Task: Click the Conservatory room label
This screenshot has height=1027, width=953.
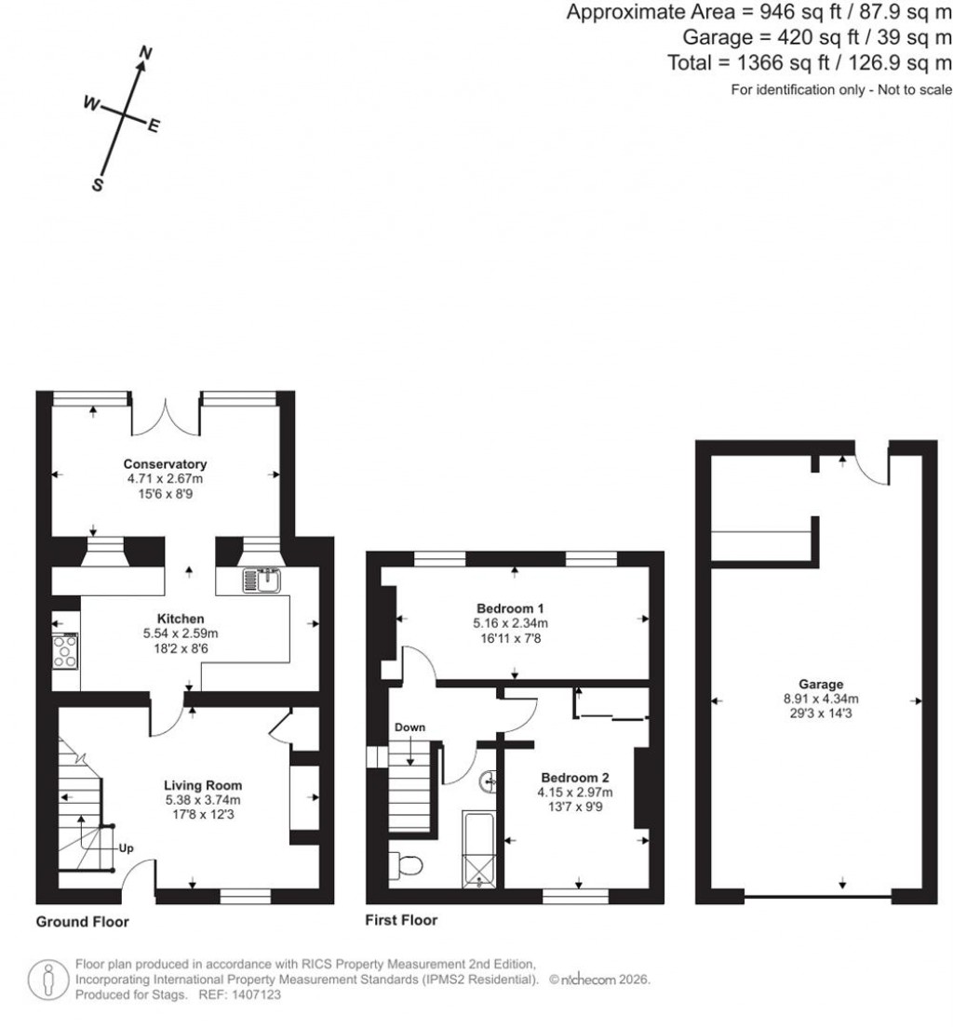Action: coord(165,464)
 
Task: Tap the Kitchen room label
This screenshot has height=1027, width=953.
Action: coord(181,619)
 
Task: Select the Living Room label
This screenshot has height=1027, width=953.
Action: coord(203,785)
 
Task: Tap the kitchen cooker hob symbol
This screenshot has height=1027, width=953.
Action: coord(65,650)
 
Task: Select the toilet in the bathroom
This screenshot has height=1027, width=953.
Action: coord(407,865)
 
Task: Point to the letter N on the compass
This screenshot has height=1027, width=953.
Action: coord(143,55)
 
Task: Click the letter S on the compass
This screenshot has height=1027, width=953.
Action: coord(97,185)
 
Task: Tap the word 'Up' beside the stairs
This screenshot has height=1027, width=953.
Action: coord(126,848)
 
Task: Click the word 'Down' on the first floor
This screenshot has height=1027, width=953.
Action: coord(410,727)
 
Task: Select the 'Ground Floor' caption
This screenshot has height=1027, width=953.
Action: coord(82,922)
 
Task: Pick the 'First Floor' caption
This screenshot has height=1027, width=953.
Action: coord(401,920)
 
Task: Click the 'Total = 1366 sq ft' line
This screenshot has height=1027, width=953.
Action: coord(809,62)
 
